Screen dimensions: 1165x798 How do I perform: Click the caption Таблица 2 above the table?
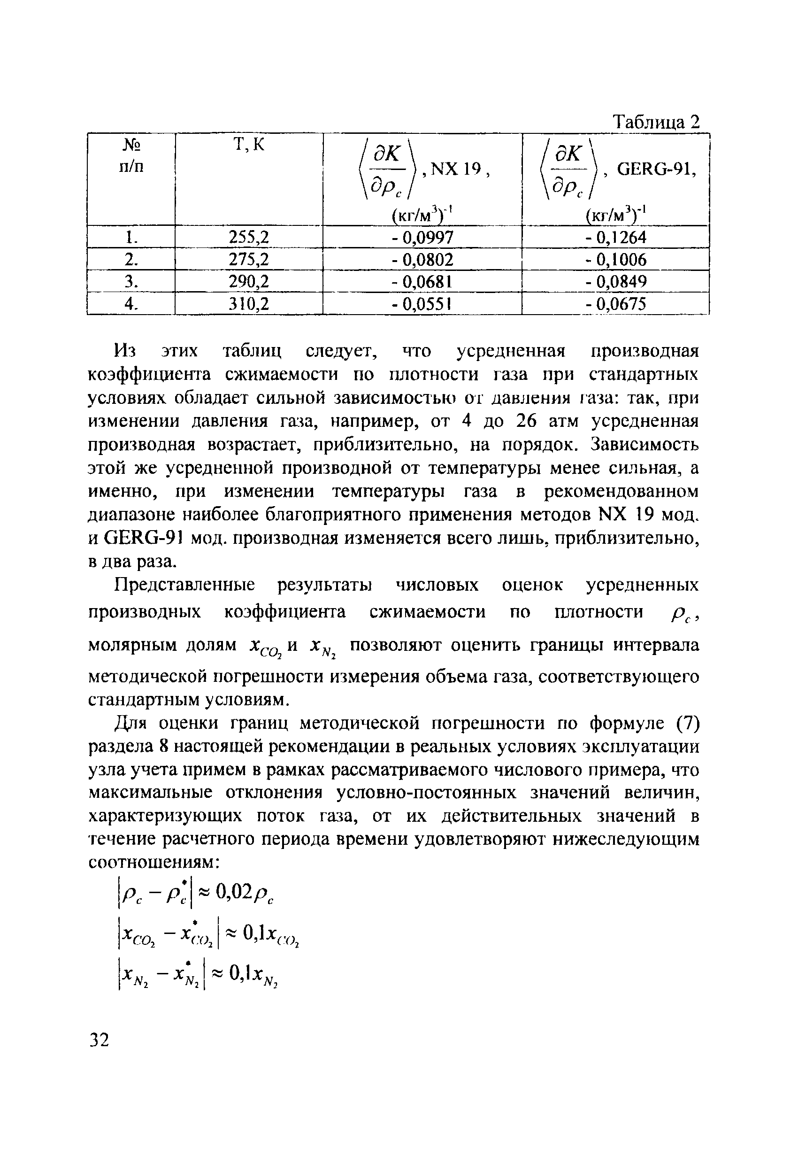(x=656, y=122)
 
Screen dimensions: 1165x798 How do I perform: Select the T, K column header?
(x=249, y=145)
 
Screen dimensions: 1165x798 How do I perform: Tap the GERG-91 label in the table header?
(x=656, y=170)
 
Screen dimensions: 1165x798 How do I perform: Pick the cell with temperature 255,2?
(x=249, y=237)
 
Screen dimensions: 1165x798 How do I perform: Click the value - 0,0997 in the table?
(x=422, y=237)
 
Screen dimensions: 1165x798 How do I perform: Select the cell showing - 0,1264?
(x=615, y=237)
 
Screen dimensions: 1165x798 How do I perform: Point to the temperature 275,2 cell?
(x=249, y=260)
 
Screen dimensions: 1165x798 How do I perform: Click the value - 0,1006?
(x=615, y=260)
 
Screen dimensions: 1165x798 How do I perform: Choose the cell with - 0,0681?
(x=422, y=282)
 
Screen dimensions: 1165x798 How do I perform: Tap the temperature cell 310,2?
(x=249, y=304)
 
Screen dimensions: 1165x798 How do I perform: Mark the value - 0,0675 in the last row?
(x=615, y=304)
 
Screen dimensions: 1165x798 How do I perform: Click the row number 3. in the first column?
(x=131, y=282)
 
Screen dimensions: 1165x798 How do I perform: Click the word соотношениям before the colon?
(x=150, y=863)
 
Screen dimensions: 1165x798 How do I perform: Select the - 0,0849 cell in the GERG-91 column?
(x=615, y=282)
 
